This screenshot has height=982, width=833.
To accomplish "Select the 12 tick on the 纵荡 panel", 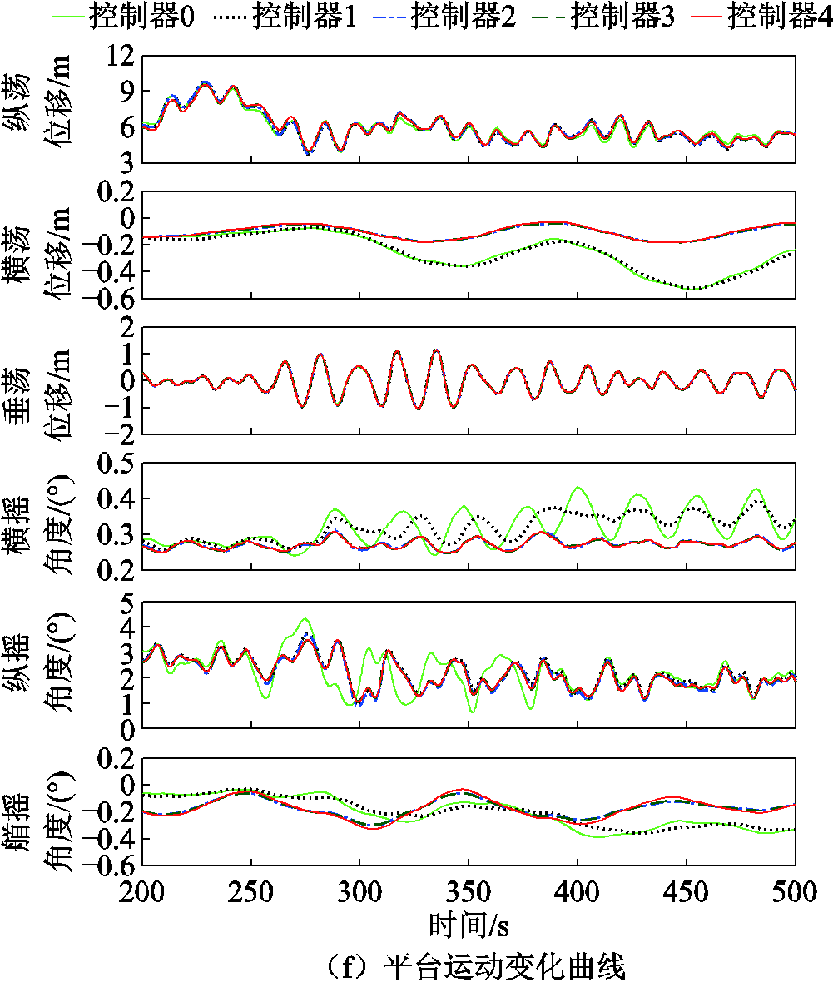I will pyautogui.click(x=119, y=56).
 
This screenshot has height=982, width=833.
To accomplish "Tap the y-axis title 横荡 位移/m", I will pyautogui.click(x=47, y=244).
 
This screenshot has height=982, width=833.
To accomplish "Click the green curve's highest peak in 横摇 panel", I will pyautogui.click(x=578, y=488).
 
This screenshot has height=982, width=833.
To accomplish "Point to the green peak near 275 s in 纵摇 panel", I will pyautogui.click(x=305, y=619).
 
